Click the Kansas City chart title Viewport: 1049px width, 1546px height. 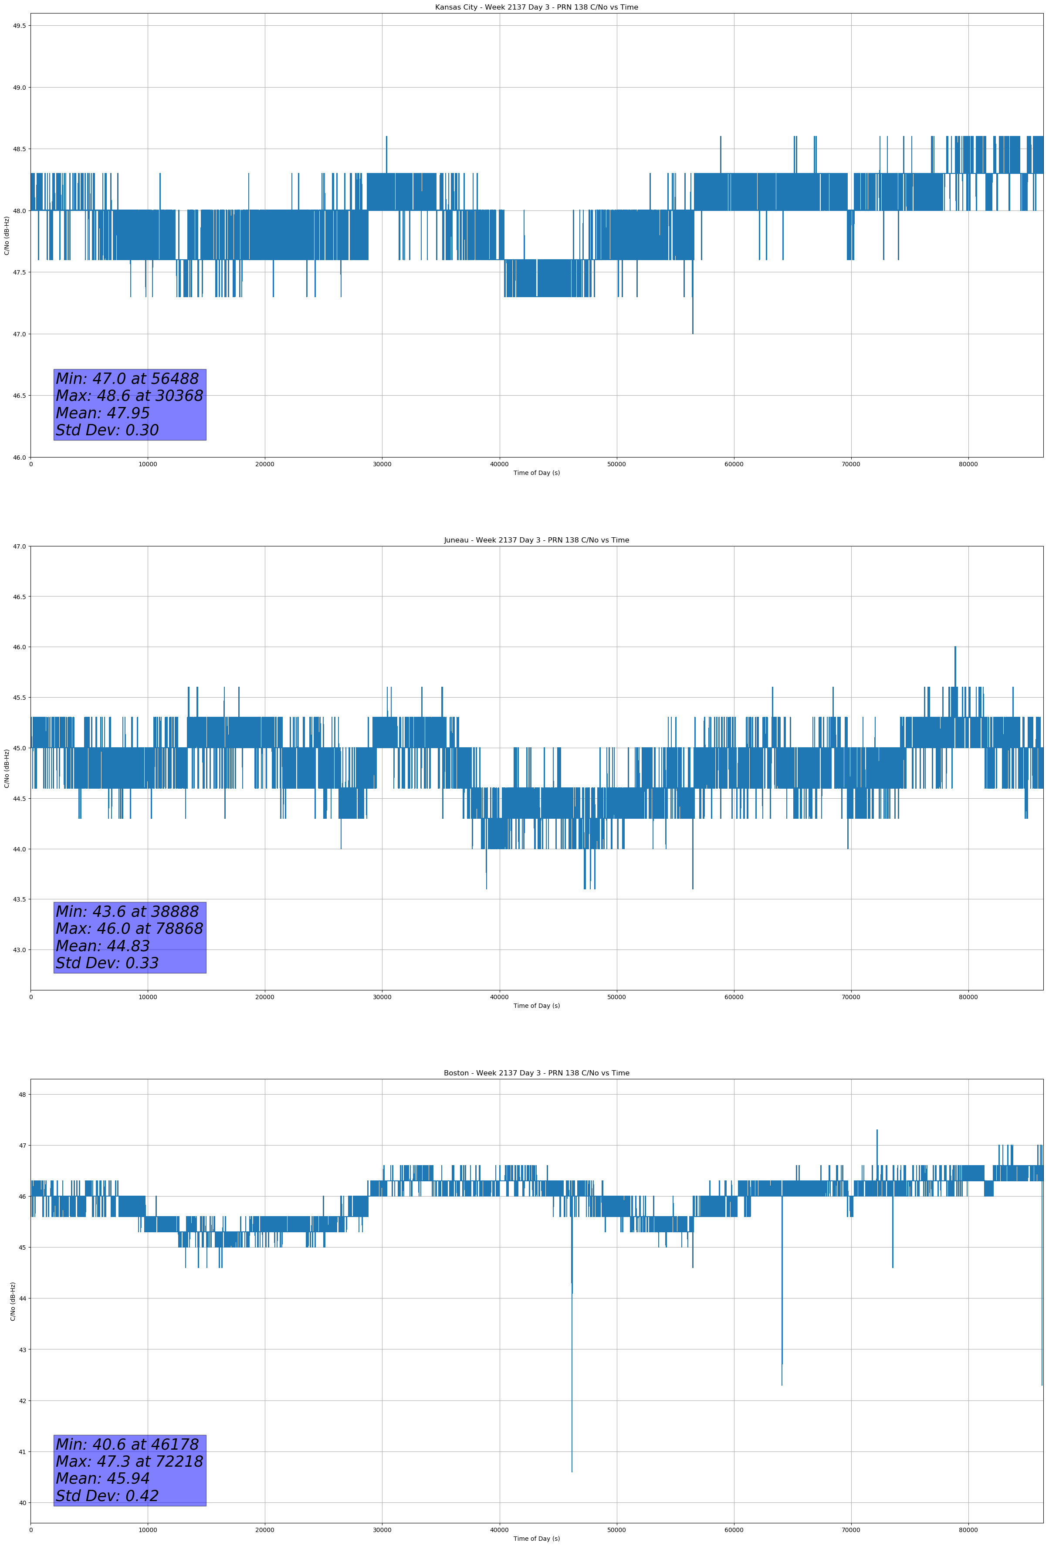536,7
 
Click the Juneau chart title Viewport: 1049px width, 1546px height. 536,540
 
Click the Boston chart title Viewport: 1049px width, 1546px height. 536,1073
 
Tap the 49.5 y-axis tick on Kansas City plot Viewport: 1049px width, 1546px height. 19,26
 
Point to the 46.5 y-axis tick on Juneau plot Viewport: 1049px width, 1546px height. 19,597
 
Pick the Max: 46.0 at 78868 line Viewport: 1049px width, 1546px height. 129,929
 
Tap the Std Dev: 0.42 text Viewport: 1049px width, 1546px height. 107,1496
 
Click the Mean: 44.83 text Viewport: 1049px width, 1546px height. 102,946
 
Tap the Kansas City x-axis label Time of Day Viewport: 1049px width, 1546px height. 536,473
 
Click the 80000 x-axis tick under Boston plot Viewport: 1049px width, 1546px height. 968,1530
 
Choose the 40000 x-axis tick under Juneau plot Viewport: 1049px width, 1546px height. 499,997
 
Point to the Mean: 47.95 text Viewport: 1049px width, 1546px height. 102,413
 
